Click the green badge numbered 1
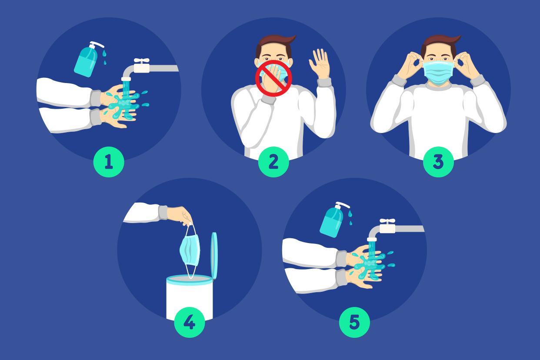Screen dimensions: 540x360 109,162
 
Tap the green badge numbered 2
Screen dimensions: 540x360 273,162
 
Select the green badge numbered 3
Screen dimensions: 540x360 438,162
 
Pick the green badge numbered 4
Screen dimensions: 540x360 190,322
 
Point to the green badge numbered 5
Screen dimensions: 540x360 354,322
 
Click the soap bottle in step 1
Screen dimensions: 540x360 87,60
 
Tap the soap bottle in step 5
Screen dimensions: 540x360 333,220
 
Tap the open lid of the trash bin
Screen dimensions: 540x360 214,256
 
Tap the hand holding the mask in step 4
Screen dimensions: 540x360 180,215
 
